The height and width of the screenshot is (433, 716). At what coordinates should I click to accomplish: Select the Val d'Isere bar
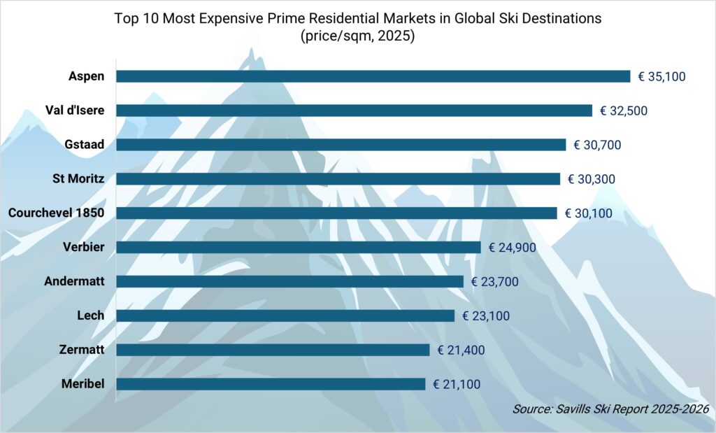pos(354,111)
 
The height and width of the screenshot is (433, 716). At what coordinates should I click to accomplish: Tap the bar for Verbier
pos(299,247)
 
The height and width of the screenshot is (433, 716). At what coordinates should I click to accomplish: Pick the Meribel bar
pos(271,384)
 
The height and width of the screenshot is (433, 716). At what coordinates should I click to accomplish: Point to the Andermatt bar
pos(289,281)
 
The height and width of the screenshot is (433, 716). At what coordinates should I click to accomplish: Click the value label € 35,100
pos(661,76)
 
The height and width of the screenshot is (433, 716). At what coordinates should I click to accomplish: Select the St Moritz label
pos(78,179)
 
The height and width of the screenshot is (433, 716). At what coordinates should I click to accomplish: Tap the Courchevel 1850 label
pos(57,213)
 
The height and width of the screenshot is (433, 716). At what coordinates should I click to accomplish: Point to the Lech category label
pos(91,315)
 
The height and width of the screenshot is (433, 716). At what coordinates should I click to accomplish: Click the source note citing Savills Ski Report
pos(611,409)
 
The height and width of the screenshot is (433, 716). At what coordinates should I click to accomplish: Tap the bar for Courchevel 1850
pos(336,213)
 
